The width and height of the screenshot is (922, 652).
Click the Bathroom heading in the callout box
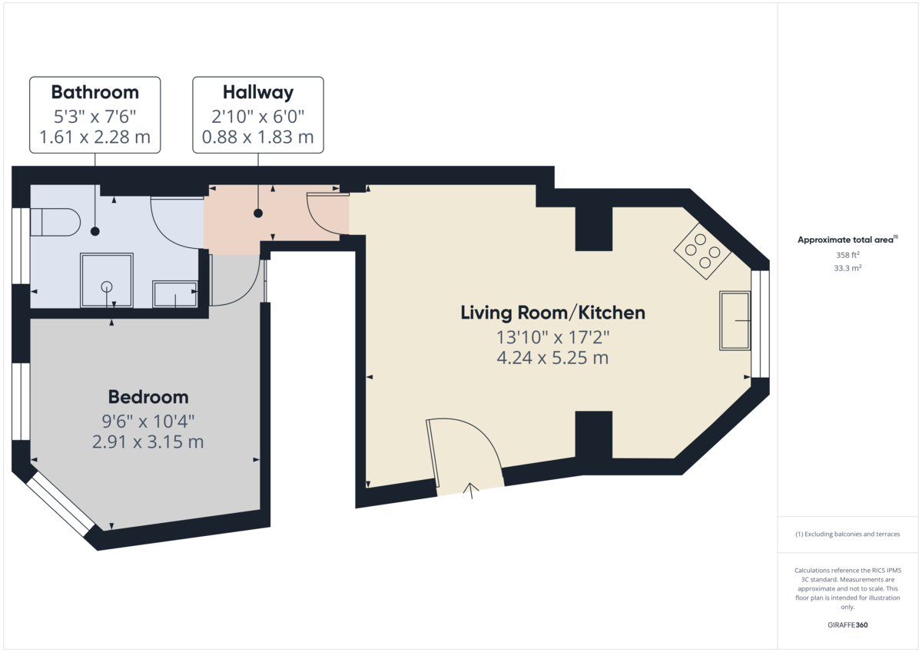click(95, 92)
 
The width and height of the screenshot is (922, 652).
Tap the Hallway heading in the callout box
click(258, 93)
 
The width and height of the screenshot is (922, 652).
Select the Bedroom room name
click(148, 397)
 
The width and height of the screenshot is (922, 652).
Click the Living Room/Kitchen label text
click(552, 313)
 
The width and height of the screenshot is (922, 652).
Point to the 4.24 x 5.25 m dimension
click(552, 357)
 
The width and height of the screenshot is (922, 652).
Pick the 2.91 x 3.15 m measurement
click(148, 442)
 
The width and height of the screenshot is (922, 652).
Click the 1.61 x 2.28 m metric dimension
click(95, 137)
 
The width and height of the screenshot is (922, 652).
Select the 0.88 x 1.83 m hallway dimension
click(258, 137)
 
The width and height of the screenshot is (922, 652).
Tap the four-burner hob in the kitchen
click(702, 251)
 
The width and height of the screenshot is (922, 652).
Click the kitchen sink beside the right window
click(735, 321)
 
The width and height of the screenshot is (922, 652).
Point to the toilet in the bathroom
click(55, 222)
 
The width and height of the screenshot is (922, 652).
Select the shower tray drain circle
click(107, 286)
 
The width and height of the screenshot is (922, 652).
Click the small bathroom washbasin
click(175, 293)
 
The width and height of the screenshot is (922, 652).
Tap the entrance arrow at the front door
click(471, 490)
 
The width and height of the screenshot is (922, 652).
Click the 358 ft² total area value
click(847, 255)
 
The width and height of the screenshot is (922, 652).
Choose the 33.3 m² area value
click(847, 268)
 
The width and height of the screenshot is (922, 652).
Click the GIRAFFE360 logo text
click(847, 625)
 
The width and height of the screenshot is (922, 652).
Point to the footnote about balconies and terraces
click(847, 534)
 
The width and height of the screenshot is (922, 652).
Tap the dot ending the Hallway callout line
click(258, 213)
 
